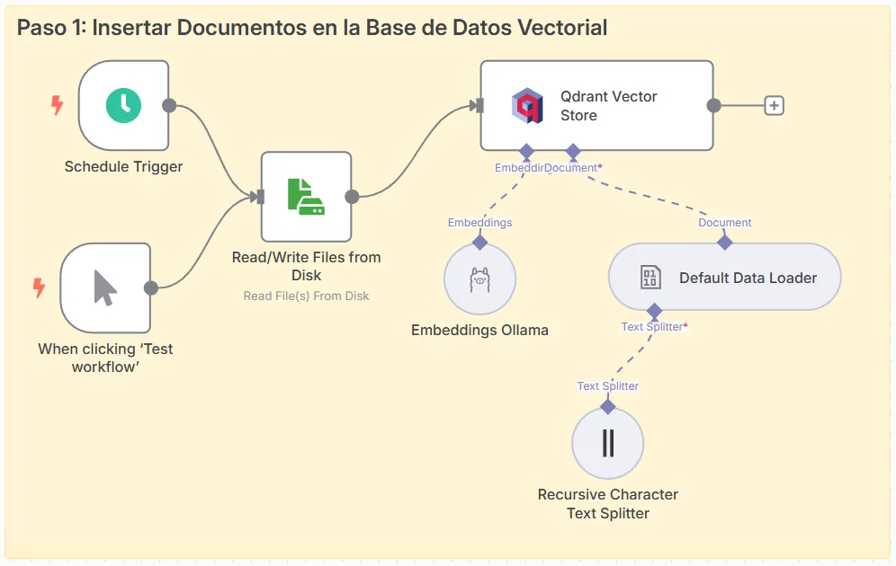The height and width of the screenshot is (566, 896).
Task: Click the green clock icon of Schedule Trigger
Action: [124, 105]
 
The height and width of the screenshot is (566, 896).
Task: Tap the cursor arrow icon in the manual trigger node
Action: [105, 287]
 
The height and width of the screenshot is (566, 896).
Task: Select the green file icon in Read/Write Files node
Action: [306, 196]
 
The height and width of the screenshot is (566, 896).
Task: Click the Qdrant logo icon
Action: [527, 106]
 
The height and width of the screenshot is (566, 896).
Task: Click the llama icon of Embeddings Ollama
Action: [479, 279]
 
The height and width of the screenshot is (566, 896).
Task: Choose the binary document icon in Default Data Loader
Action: [650, 278]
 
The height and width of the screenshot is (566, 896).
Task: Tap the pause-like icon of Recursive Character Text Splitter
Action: [608, 443]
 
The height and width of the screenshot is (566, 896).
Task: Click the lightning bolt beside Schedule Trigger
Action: [57, 106]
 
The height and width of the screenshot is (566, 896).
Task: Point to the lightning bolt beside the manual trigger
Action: [39, 288]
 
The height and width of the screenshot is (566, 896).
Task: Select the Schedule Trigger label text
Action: [123, 166]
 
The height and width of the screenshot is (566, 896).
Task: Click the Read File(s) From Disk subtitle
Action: [306, 296]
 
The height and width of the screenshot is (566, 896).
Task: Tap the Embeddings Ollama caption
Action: [479, 330]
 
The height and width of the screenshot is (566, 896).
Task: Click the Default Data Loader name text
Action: [748, 278]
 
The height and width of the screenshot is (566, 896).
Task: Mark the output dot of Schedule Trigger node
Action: [169, 105]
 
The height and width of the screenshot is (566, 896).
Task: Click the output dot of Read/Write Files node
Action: [352, 197]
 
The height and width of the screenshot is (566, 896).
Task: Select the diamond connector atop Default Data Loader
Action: [725, 242]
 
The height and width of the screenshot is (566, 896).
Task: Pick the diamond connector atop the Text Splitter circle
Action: [608, 406]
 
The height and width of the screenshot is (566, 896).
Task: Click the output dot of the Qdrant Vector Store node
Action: [713, 105]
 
